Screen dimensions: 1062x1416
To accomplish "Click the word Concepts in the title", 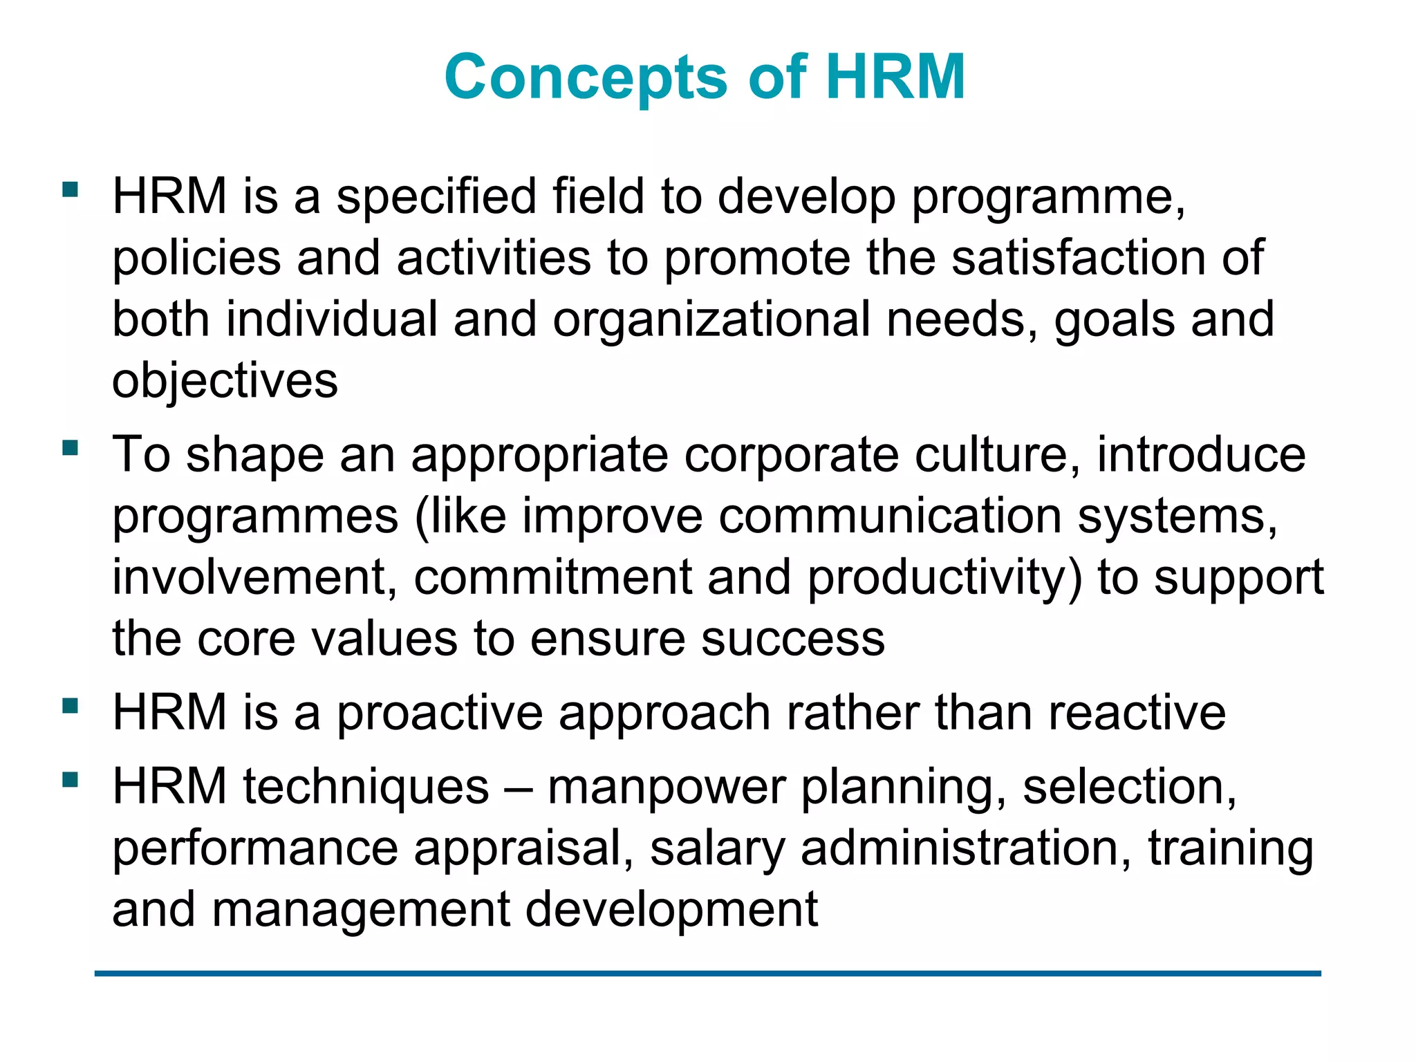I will pos(586,77).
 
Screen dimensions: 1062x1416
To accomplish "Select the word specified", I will pos(436,197).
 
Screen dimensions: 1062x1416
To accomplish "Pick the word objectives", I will pos(225,382).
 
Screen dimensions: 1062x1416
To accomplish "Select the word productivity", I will pos(944,578).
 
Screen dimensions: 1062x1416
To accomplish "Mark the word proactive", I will pos(440,713).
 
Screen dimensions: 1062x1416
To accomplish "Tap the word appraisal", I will pos(523,849).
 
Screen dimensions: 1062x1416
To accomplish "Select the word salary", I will pos(717,849).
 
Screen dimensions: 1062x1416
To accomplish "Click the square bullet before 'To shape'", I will pos(70,448).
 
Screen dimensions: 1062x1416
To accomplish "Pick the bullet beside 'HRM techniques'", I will pos(70,780).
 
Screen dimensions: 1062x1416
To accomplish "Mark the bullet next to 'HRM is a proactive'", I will pos(70,706).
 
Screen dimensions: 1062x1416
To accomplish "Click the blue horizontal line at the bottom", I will pos(707,973).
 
